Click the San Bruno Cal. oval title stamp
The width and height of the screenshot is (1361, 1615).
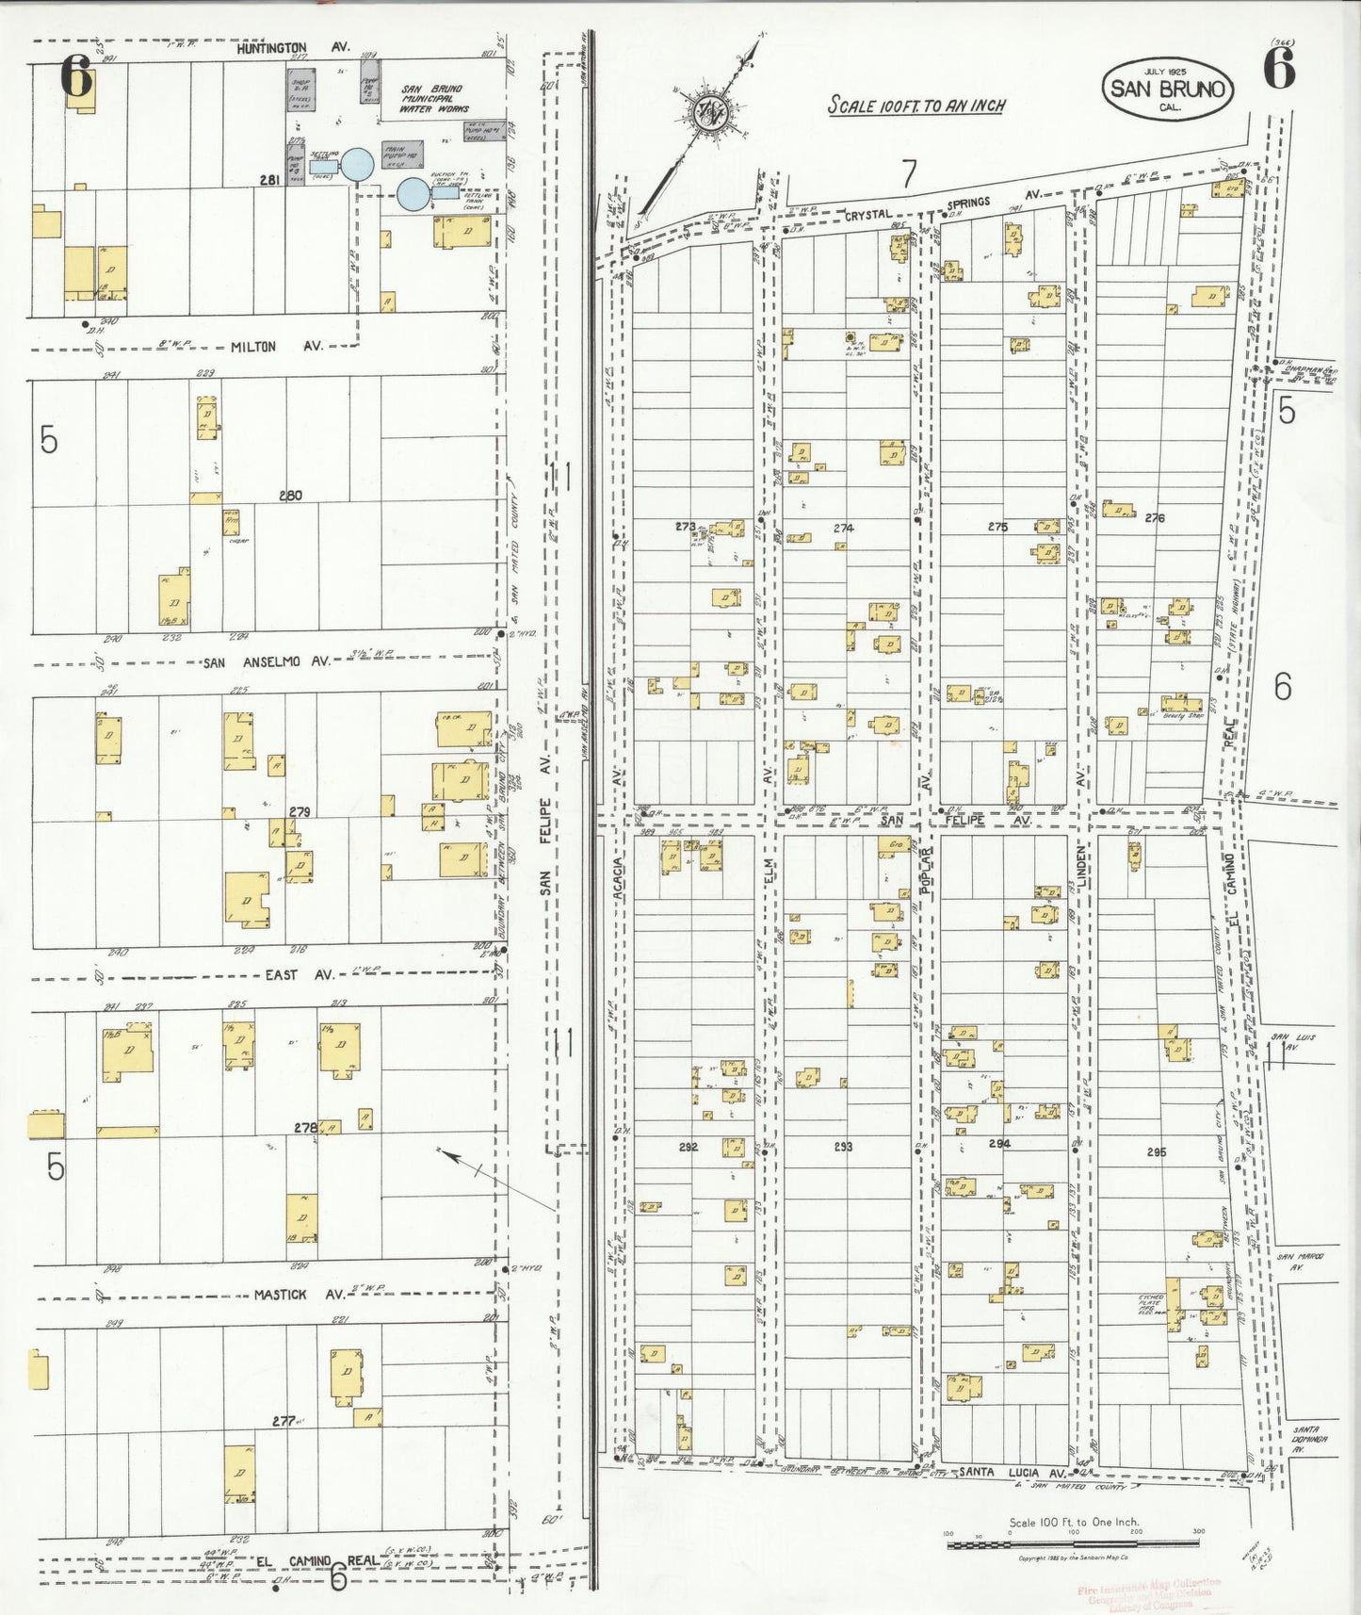[1169, 89]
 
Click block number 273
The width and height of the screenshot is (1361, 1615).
[685, 527]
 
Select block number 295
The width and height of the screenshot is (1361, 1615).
[1157, 1151]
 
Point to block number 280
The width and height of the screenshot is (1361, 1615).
[290, 496]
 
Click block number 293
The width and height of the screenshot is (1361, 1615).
[843, 1147]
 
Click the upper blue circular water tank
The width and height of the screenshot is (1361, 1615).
[357, 164]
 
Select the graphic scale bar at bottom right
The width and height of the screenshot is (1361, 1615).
[1073, 1544]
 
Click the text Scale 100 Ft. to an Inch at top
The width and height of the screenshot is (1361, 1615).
[915, 106]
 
